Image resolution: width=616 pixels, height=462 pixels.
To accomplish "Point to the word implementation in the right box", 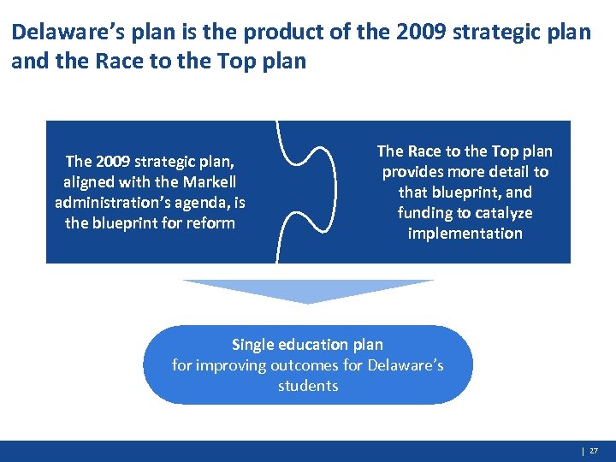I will pyautogui.click(x=465, y=234).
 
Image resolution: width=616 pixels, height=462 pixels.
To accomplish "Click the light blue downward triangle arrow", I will pyautogui.click(x=308, y=290).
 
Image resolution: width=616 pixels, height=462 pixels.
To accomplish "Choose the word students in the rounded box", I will pyautogui.click(x=308, y=386).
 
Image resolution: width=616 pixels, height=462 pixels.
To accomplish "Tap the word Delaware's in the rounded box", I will pyautogui.click(x=405, y=365).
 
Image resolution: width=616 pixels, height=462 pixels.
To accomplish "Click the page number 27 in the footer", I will pyautogui.click(x=594, y=451).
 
